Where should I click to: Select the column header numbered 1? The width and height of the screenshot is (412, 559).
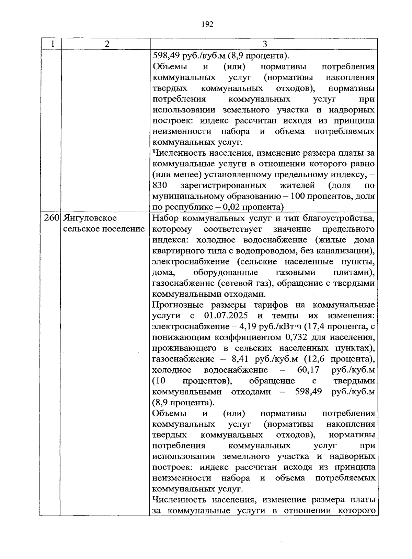[52, 44]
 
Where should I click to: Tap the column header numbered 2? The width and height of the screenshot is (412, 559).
[107, 44]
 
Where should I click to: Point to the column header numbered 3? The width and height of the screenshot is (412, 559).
[264, 44]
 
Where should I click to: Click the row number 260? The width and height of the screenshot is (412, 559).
[52, 218]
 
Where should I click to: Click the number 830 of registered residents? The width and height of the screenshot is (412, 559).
[160, 186]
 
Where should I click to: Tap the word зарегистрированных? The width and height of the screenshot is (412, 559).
[224, 186]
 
